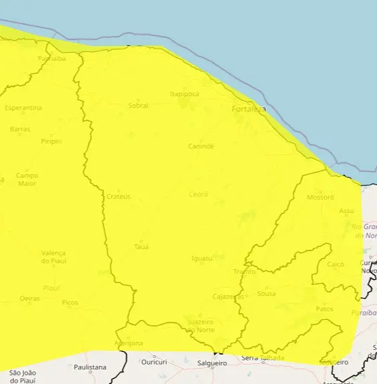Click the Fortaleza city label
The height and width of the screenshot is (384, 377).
click(248, 109)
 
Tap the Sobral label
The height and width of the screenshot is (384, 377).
click(138, 106)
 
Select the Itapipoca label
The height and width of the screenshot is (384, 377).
click(185, 94)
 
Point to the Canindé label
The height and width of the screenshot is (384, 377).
click(201, 146)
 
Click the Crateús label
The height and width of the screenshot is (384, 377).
click(119, 196)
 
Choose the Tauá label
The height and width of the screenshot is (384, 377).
click(141, 246)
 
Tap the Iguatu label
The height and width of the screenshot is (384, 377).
click(202, 258)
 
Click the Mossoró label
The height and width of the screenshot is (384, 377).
click(320, 198)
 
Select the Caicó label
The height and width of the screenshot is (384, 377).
click(336, 264)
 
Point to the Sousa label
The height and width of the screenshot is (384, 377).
click(266, 293)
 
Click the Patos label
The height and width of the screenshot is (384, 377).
click(324, 309)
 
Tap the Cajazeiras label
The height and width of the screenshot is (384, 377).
click(228, 297)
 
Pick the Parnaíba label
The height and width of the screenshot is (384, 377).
click(52, 59)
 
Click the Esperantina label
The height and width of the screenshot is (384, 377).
click(23, 108)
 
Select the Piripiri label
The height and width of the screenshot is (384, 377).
click(51, 141)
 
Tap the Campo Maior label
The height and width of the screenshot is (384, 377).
click(27, 179)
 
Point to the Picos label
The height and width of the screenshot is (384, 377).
click(70, 303)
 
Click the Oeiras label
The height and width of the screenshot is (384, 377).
click(30, 298)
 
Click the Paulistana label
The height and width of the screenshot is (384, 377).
click(90, 367)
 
